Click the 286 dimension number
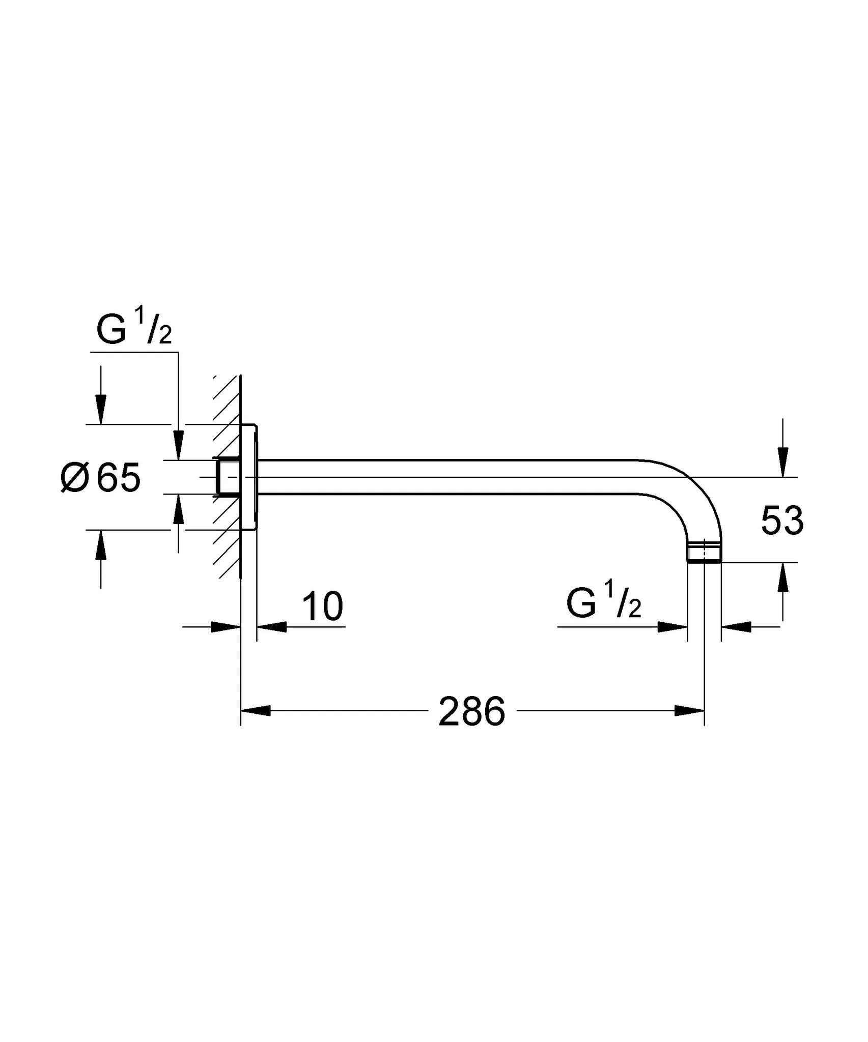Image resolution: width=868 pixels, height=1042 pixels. click(x=471, y=711)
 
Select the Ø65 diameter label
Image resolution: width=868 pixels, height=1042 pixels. click(x=100, y=478)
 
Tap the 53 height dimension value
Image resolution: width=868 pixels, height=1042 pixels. click(x=782, y=520)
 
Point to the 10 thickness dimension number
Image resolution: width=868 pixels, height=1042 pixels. click(x=322, y=606)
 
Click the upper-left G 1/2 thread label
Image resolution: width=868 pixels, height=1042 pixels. click(x=134, y=330)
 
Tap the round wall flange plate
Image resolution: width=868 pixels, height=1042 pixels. click(x=249, y=477)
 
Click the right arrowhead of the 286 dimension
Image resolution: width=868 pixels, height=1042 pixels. click(x=689, y=711)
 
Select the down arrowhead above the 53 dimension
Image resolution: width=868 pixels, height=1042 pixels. click(x=783, y=464)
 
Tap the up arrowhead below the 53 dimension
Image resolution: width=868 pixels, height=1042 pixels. click(x=783, y=577)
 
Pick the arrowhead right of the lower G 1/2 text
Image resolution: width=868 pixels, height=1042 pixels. click(x=672, y=627)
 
